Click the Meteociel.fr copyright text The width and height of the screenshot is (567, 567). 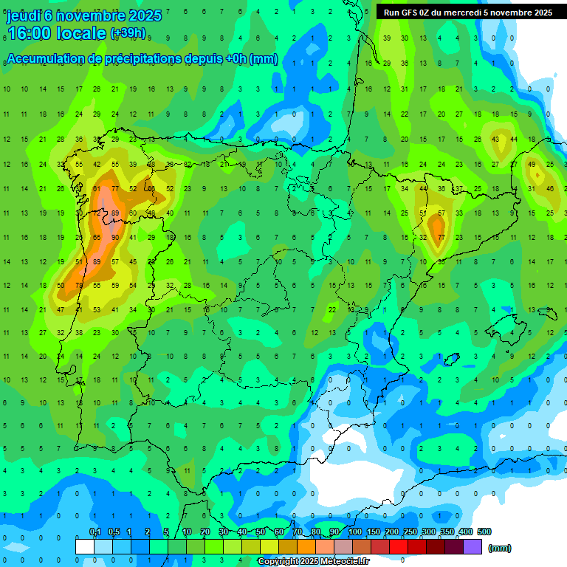313,561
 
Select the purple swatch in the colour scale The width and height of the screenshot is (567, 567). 472,546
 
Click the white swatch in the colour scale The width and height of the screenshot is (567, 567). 85,546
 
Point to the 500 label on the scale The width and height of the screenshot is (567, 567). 484,532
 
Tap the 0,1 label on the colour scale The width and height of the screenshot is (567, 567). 95,532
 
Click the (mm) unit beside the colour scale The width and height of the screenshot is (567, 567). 500,548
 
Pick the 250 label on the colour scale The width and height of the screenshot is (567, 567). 410,532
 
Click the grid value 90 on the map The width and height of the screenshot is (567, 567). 115,237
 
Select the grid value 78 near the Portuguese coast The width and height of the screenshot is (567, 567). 79,285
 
